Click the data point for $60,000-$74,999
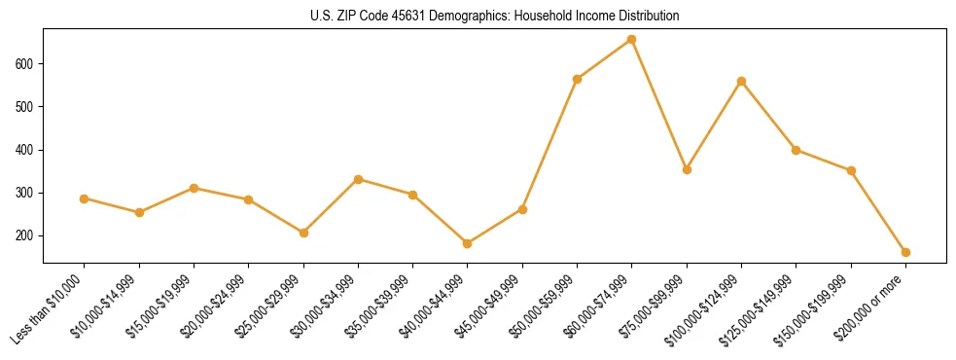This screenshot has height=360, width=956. pos(632,40)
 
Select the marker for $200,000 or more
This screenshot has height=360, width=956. pos(906,252)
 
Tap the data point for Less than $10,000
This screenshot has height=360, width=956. pos(85,198)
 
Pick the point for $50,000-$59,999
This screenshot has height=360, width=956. pos(578,79)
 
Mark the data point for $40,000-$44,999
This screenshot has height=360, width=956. pos(468,243)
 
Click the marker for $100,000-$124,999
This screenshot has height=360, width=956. pos(742,81)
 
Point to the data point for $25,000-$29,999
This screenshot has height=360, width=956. pos(303,233)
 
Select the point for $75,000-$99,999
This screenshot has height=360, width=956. pos(687,169)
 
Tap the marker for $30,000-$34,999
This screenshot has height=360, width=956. pos(358,179)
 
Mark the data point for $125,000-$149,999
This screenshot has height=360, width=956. pos(797,150)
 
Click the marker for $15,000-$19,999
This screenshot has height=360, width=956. pos(194,188)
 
